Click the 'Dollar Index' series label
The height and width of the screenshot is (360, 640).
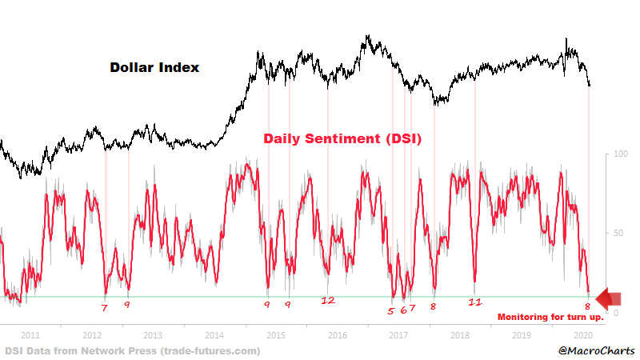(154, 68)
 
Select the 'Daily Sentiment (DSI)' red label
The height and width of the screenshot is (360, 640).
(343, 138)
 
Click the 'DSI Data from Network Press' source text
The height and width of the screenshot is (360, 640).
(132, 350)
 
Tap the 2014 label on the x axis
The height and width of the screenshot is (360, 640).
(214, 335)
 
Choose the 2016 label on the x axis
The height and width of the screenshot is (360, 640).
(337, 335)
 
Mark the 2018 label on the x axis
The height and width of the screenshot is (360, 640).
(459, 335)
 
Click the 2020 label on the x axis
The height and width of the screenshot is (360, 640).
(582, 335)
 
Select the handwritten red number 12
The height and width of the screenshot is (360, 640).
(327, 302)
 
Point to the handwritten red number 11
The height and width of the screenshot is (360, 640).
(475, 302)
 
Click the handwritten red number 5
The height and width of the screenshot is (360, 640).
(391, 310)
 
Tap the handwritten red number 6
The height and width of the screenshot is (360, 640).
(403, 310)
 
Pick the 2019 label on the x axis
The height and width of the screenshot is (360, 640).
(521, 335)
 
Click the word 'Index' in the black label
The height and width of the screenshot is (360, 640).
(179, 68)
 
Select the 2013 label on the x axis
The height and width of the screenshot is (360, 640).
(153, 335)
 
